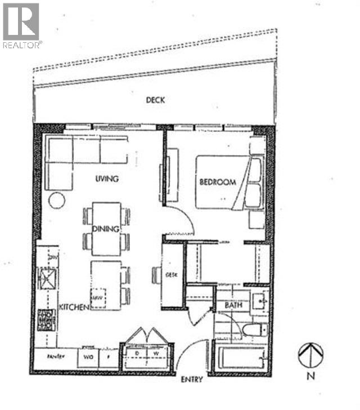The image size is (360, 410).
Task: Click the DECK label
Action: [x=155, y=100]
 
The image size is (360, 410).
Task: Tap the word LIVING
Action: [x=106, y=180]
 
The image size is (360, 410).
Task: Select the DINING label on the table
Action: [x=106, y=229]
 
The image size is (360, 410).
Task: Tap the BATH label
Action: [x=233, y=305]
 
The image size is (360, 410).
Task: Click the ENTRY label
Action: [x=191, y=380]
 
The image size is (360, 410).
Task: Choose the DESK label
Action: [x=172, y=275]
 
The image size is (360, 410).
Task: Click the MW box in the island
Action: [x=97, y=297]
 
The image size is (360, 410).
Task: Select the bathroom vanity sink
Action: [x=260, y=301]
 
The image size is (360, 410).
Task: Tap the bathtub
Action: [x=242, y=357]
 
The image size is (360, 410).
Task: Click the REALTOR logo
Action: [x=21, y=25]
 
